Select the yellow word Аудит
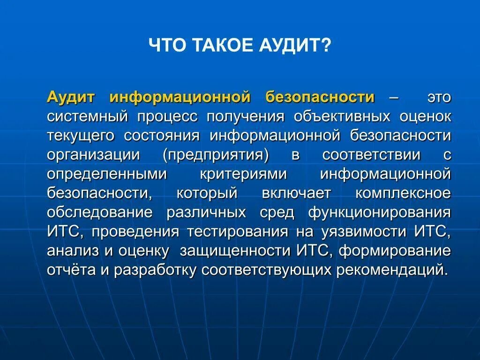[77, 97]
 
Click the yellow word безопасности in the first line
[320, 97]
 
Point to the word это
[439, 97]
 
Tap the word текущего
[81, 135]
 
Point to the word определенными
[107, 174]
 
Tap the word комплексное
[410, 193]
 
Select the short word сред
[277, 212]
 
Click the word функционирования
[379, 212]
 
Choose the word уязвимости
[366, 232]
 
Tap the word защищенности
[236, 251]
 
